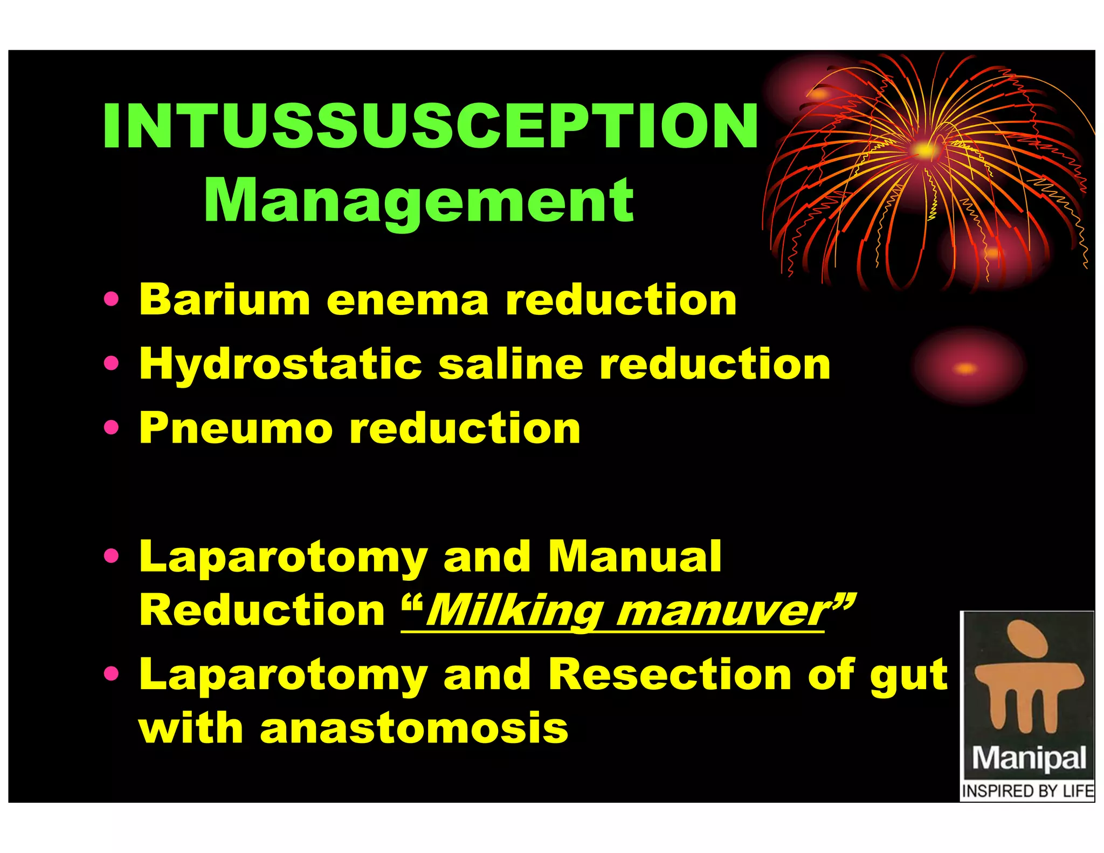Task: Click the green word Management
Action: point(419,201)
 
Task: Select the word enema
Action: point(408,300)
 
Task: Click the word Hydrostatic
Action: point(280,364)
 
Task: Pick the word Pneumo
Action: point(236,429)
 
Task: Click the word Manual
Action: point(634,556)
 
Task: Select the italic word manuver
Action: point(722,612)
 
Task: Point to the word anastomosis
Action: point(413,728)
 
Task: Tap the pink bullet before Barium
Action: point(111,299)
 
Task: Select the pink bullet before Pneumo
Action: point(111,428)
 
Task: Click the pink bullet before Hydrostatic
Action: point(111,363)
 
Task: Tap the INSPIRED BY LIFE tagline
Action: point(1027,791)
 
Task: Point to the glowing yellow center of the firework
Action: point(925,150)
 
